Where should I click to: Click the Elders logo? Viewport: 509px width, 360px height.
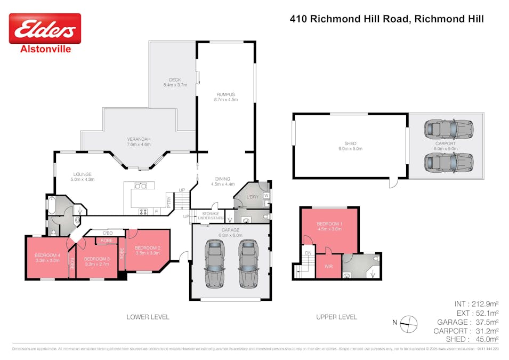[x=45, y=29]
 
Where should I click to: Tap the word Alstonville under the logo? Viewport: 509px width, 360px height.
[x=45, y=49]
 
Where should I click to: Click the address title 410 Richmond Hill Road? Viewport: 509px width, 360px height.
[x=386, y=19]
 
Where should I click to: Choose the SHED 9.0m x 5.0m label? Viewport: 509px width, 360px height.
[x=350, y=146]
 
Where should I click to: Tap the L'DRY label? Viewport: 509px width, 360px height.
[x=252, y=197]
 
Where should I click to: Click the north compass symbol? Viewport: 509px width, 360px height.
[x=408, y=322]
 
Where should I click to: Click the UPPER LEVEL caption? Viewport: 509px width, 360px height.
[x=336, y=317]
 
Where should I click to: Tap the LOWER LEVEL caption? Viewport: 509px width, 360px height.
[x=148, y=317]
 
